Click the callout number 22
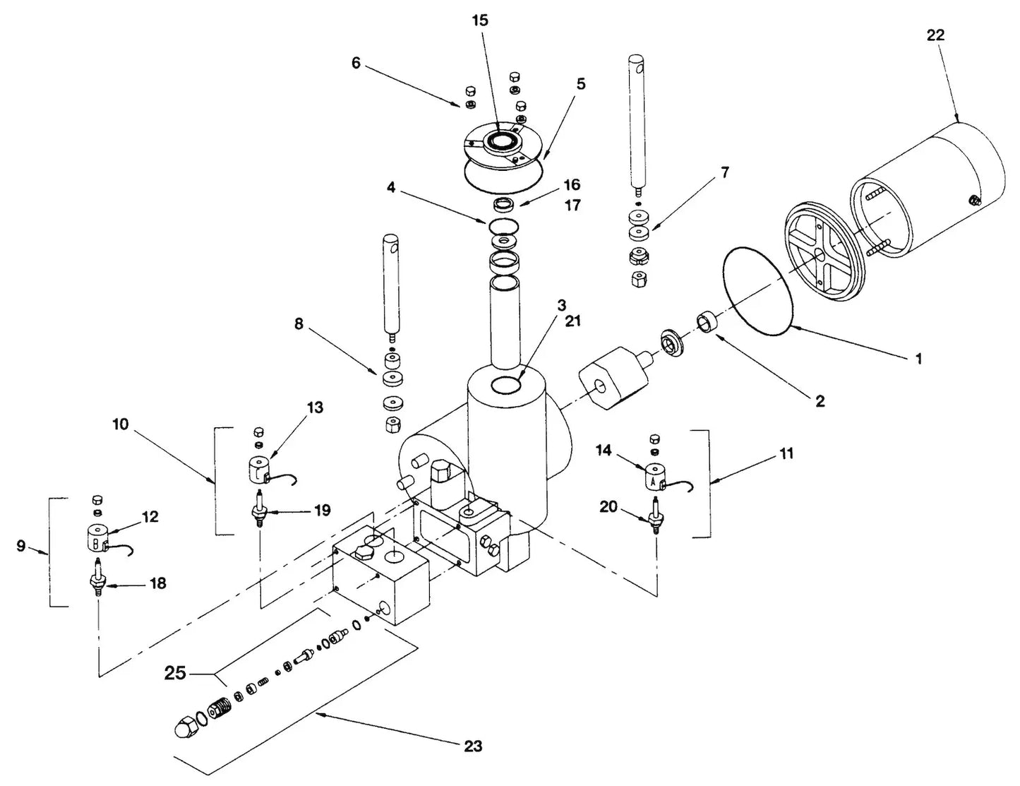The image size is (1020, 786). pos(935,35)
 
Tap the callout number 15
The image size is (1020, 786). pos(480,20)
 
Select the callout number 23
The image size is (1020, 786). pos(473,746)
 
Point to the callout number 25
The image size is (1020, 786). pos(175,672)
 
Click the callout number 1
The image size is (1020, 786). pos(918,359)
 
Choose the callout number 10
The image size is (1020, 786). pos(121,424)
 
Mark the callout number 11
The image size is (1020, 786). pos(786,453)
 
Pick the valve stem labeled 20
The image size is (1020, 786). pos(657,519)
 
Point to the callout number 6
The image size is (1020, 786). pos(356,64)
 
